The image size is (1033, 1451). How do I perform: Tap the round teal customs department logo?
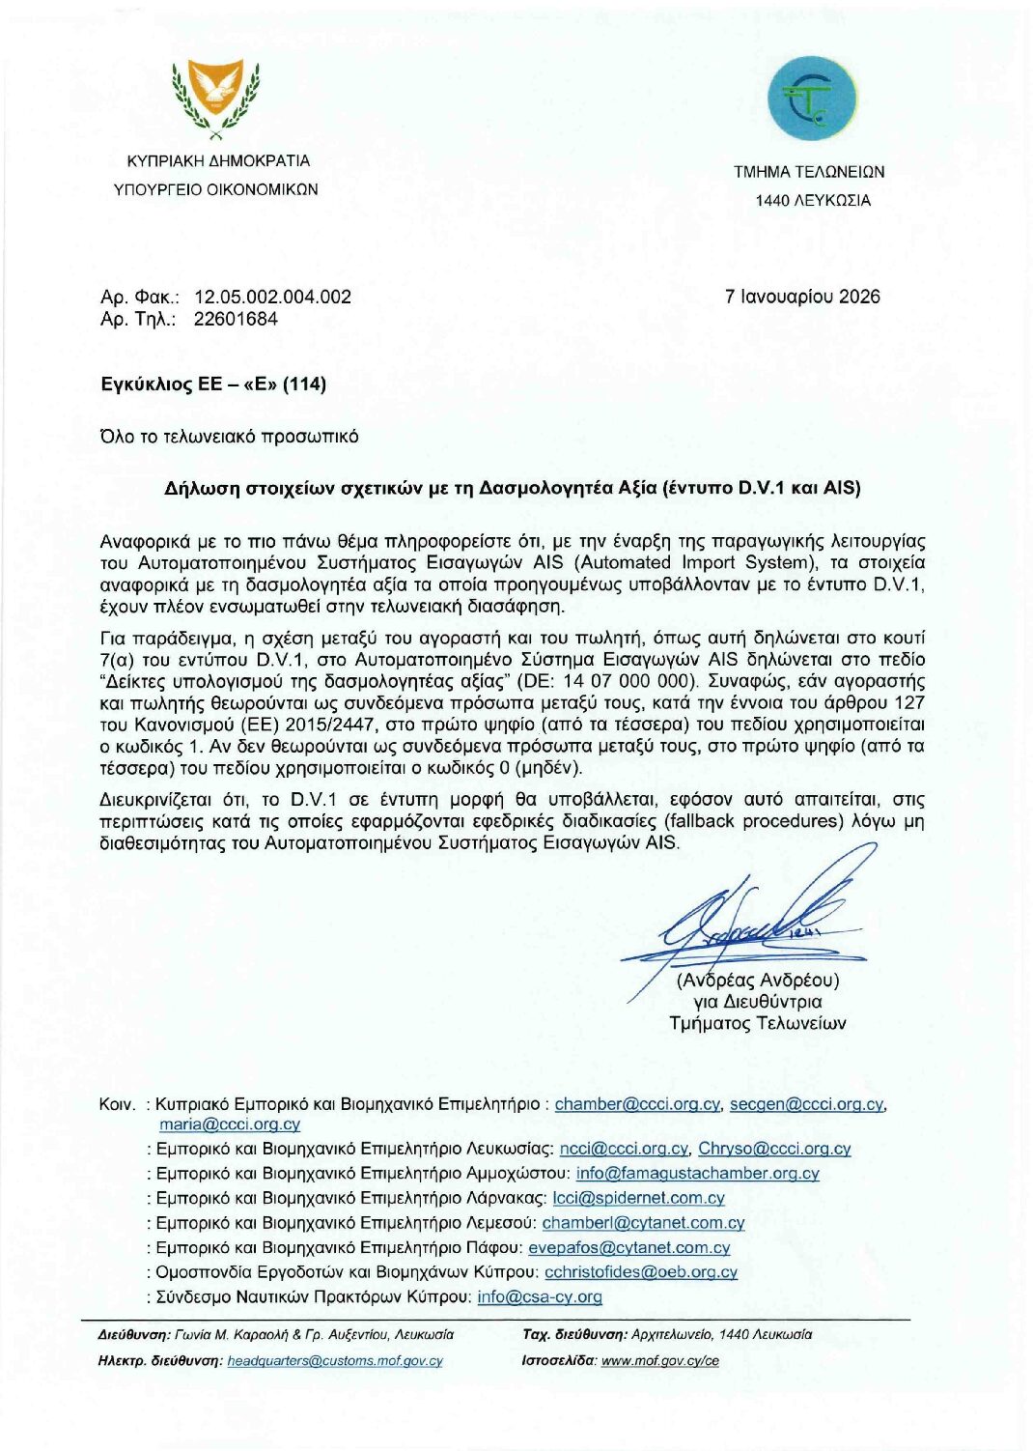812,99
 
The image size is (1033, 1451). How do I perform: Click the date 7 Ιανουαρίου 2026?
802,297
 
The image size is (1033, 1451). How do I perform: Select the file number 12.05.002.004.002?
272,297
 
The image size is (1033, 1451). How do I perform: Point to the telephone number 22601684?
236,319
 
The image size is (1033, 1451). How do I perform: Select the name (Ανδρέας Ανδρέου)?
758,980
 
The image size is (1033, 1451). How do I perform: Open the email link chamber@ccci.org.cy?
637,1104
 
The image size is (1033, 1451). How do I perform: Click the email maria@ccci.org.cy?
230,1124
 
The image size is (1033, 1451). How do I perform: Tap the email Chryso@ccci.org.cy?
774,1149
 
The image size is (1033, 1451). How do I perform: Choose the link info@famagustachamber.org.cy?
697,1173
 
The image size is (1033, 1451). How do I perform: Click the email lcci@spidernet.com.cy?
638,1198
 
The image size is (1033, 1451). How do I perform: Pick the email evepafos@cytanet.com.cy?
628,1247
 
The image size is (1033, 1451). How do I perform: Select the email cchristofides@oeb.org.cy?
641,1271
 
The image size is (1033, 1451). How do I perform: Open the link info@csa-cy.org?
540,1296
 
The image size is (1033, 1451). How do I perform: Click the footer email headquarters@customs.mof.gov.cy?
335,1360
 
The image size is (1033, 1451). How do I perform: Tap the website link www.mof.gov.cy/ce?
659,1360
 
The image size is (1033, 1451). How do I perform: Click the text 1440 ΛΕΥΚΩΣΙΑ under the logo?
813,201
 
